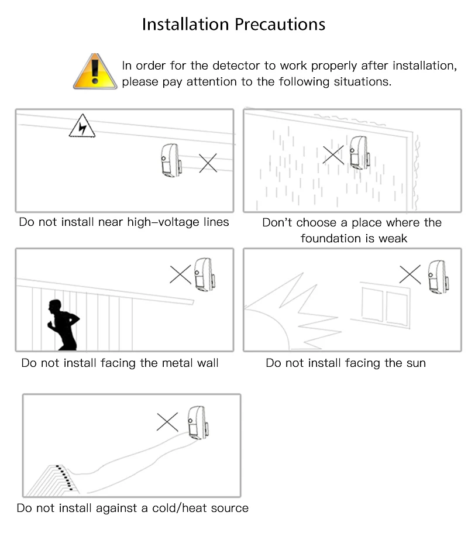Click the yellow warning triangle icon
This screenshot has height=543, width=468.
(x=95, y=72)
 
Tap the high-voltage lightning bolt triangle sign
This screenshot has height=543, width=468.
(x=82, y=126)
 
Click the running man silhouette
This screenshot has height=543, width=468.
(x=63, y=325)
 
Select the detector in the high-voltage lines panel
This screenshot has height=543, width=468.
(x=171, y=161)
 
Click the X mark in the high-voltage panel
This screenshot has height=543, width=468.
(x=208, y=163)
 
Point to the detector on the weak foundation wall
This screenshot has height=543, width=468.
(x=359, y=153)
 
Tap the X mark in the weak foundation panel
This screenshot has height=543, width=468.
(x=333, y=154)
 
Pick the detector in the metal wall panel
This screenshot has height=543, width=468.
(x=205, y=274)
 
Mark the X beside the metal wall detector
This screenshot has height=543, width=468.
(x=180, y=274)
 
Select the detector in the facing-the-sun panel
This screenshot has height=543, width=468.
(x=439, y=277)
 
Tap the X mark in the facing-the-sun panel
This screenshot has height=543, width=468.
(x=410, y=275)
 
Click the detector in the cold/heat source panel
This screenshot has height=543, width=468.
(x=198, y=423)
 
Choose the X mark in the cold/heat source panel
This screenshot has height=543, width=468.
(x=167, y=422)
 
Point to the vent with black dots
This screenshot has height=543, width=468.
(x=53, y=480)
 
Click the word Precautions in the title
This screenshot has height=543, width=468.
(x=280, y=25)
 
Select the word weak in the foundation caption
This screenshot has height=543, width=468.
(x=393, y=239)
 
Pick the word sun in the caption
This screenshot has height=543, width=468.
(x=416, y=363)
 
